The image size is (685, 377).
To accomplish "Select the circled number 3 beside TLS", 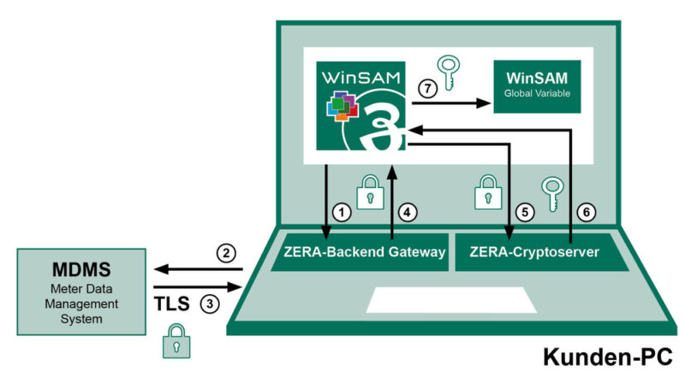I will [209, 303].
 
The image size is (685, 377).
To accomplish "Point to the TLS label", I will [173, 303].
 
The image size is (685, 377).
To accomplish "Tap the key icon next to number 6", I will [550, 193].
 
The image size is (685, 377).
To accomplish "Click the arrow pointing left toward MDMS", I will [198, 271].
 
